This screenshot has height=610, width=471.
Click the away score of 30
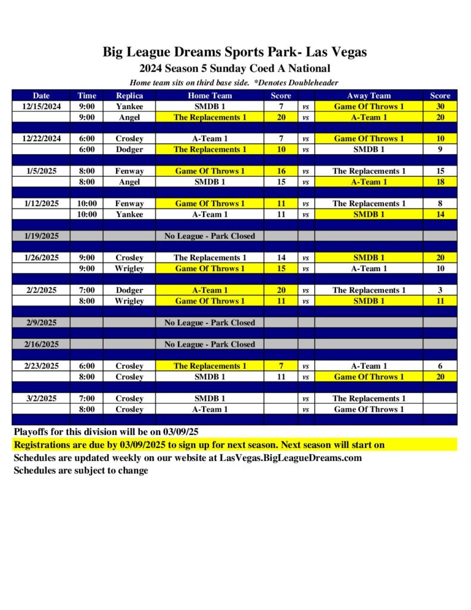pyautogui.click(x=440, y=107)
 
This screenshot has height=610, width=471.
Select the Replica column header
pyautogui.click(x=129, y=95)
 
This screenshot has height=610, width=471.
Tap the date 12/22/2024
pyautogui.click(x=41, y=139)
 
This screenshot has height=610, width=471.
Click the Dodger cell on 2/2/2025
pyautogui.click(x=129, y=290)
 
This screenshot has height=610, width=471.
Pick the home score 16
pyautogui.click(x=281, y=171)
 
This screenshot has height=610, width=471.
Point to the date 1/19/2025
pyautogui.click(x=41, y=236)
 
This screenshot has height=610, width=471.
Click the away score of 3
pyautogui.click(x=440, y=290)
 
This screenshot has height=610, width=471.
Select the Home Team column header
pyautogui.click(x=210, y=95)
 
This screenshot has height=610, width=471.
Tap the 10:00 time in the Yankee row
pyautogui.click(x=87, y=214)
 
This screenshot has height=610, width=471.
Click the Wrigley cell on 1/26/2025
pyautogui.click(x=129, y=269)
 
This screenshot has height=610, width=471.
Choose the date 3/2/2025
pyautogui.click(x=41, y=399)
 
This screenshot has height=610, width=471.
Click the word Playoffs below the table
pyautogui.click(x=32, y=432)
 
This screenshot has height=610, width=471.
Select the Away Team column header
pyautogui.click(x=369, y=95)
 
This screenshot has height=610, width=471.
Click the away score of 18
pyautogui.click(x=440, y=182)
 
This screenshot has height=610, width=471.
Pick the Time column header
pyautogui.click(x=87, y=95)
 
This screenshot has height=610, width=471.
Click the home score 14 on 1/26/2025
pyautogui.click(x=281, y=258)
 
